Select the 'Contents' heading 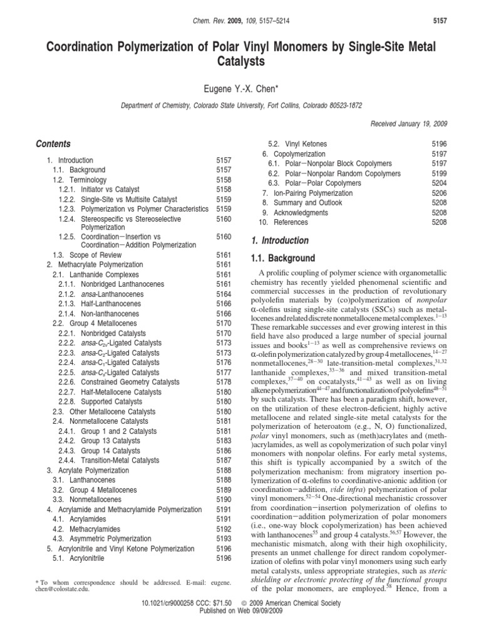tap(53, 144)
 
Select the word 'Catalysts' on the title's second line tap(240, 61)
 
